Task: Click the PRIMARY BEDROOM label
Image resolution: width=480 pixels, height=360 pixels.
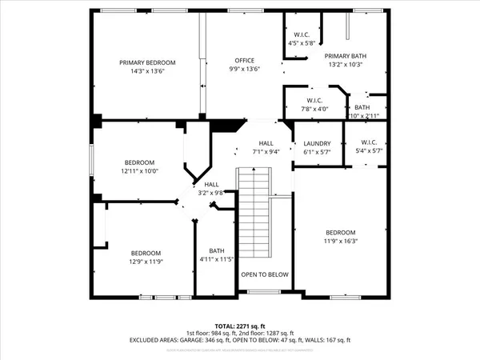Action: point(147,62)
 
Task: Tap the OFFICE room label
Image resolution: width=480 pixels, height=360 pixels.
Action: point(244,60)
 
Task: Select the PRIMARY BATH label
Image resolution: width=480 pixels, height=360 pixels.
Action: point(345,55)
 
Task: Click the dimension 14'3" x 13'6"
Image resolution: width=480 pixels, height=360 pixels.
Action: point(147,71)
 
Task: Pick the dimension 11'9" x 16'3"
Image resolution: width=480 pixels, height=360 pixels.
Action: point(339,241)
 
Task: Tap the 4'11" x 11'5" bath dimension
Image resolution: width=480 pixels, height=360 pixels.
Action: point(216,259)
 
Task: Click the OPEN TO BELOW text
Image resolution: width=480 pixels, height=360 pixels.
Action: point(265,274)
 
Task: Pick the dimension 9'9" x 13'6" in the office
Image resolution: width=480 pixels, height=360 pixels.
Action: point(244,69)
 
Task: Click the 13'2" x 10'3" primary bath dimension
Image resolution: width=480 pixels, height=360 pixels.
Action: point(345,64)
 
